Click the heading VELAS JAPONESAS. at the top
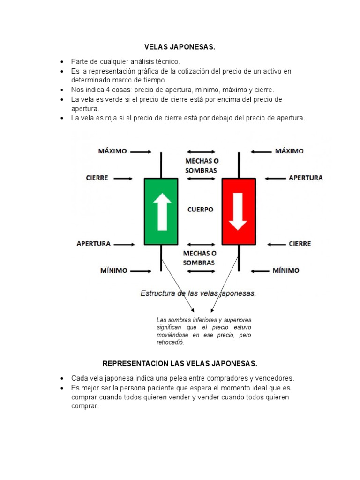[180, 47]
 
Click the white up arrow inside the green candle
[162, 211]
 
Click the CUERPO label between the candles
[200, 210]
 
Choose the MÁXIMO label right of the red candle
[289, 151]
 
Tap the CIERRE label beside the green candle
[97, 178]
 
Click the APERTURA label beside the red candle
[306, 178]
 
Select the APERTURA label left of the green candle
[94, 244]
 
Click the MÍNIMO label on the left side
[113, 270]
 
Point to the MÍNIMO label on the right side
[286, 270]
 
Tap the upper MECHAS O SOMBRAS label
[201, 165]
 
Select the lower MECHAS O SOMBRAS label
[199, 258]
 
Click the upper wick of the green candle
[161, 165]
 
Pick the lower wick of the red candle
[239, 258]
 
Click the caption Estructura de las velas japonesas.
[198, 293]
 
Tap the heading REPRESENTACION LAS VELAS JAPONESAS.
[180, 364]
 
